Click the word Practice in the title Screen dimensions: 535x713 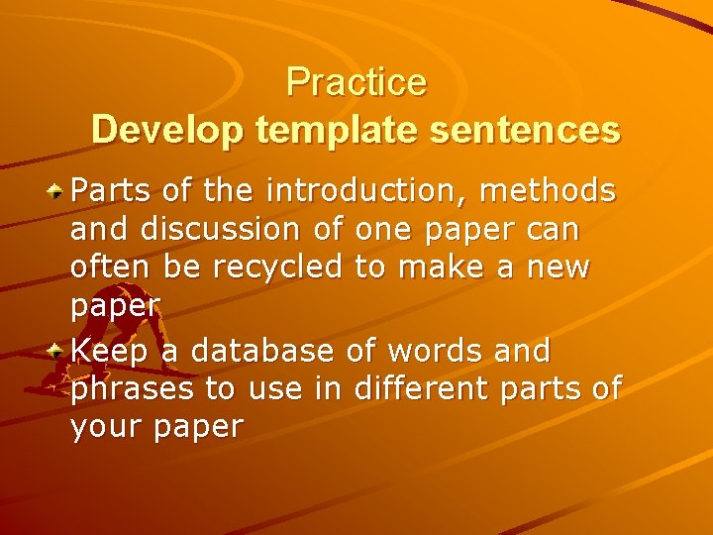coord(356,82)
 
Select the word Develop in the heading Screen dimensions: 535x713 coord(168,130)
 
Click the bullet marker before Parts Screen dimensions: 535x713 coord(58,188)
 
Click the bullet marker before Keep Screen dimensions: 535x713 coord(58,349)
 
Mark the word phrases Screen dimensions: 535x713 coord(133,390)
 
